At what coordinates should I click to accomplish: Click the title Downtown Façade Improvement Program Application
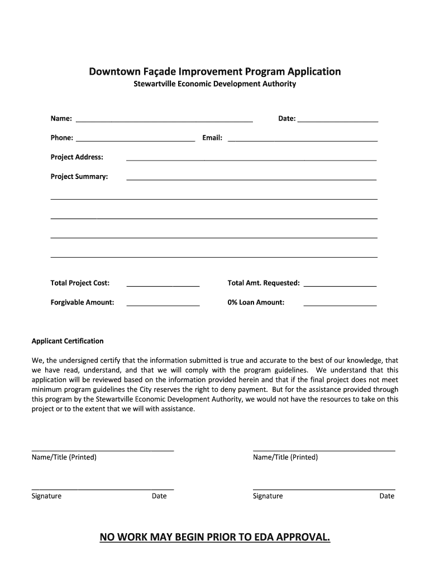point(215,72)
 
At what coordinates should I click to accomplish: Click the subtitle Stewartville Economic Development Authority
point(214,85)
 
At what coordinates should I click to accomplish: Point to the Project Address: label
point(77,157)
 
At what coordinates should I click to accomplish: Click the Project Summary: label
point(79,177)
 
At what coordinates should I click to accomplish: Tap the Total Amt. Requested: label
point(264,283)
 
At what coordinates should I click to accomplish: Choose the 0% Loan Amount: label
point(256,303)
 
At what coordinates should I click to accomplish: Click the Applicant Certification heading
point(68,341)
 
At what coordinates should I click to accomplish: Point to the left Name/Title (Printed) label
point(64,458)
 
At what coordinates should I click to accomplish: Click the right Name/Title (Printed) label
point(285,458)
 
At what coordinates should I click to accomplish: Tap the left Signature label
point(47,496)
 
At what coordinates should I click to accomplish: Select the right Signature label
point(268,496)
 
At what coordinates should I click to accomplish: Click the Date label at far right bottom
point(387,496)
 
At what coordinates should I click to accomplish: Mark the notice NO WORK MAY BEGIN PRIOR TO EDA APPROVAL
point(215,537)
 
